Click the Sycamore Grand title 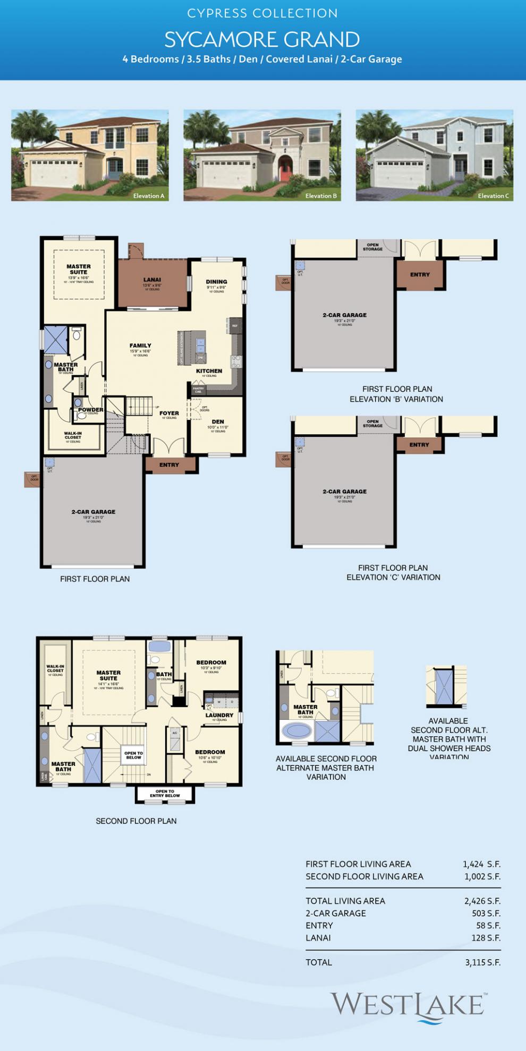262,40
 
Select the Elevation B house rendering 262,155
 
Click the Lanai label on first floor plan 152,280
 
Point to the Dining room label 216,282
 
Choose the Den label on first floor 218,421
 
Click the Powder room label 91,410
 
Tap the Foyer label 169,413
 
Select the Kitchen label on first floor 209,371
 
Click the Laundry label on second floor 219,715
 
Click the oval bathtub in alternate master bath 297,731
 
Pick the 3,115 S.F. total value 482,962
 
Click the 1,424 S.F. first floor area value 481,864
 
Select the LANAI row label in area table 318,938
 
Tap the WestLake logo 408,1006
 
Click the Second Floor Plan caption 136,821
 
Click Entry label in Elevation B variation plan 420,274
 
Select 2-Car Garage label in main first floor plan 94,512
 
